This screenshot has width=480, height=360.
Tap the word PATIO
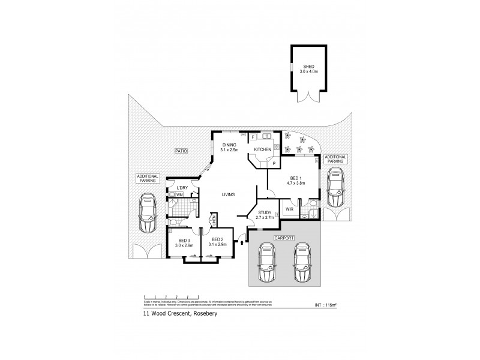[180, 151]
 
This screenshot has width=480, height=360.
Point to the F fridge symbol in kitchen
[254, 137]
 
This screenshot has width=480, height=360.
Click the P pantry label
[274, 163]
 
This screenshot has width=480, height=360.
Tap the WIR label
[289, 209]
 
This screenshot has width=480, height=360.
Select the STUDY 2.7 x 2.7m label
[265, 215]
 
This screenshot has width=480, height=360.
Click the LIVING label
[228, 194]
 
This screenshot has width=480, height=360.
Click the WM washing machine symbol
[179, 195]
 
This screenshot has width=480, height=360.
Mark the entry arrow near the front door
[241, 242]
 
